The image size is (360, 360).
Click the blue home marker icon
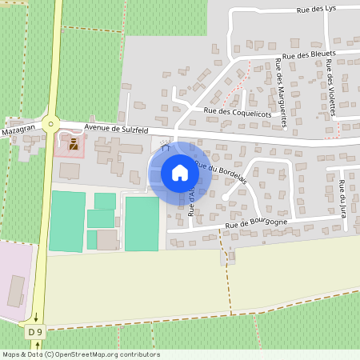(180, 173)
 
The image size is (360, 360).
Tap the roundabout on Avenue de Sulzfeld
(52, 123)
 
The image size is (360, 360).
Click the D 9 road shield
(34, 331)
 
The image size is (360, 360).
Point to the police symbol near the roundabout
(74, 144)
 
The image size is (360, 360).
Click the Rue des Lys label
(314, 10)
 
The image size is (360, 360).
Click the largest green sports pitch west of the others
(66, 221)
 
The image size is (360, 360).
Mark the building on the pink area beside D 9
(16, 290)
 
